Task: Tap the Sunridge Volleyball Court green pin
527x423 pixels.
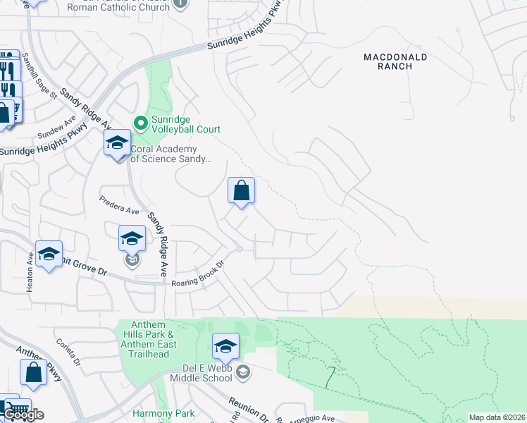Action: click(141, 123)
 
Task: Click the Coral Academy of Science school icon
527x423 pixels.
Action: click(117, 145)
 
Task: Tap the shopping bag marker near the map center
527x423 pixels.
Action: click(241, 190)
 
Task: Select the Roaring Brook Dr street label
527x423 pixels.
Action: click(197, 275)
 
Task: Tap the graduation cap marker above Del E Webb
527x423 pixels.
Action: click(225, 346)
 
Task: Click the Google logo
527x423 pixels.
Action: click(23, 414)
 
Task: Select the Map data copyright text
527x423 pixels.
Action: click(496, 417)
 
